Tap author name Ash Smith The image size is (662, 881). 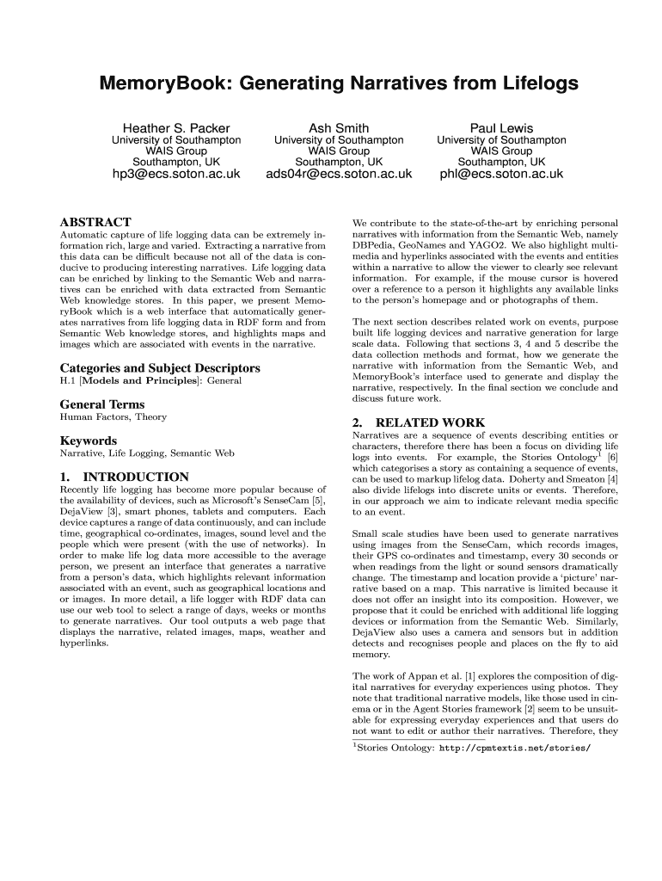tap(339, 127)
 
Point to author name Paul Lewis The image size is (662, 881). tap(501, 127)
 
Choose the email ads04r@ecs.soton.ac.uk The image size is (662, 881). tap(339, 174)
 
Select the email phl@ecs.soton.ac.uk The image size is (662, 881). tap(501, 174)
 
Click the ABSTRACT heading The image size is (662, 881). tap(95, 222)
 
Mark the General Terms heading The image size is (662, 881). tap(101, 404)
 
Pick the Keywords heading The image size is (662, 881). tap(88, 440)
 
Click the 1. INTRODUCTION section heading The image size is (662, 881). tap(124, 477)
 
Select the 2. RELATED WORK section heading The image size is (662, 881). tap(419, 422)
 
